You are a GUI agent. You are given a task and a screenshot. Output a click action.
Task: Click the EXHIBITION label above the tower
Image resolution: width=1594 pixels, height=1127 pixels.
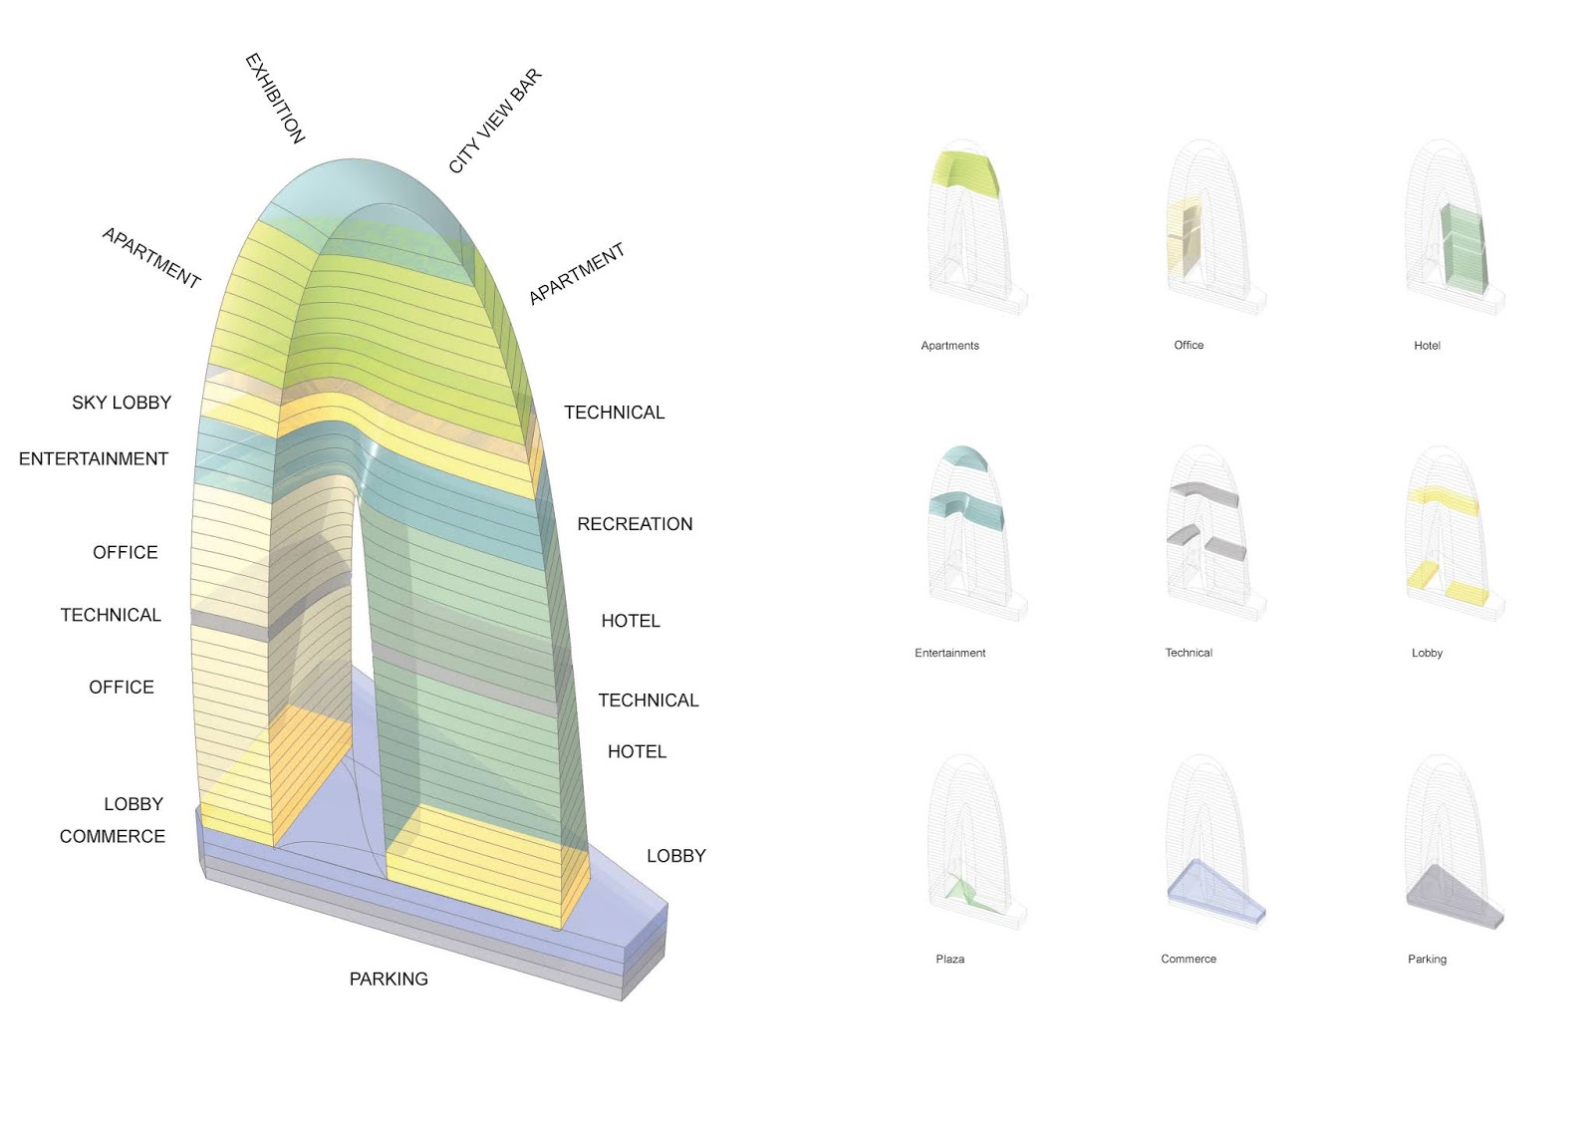(275, 98)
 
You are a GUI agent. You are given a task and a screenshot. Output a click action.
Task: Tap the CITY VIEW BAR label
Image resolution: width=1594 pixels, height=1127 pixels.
(494, 121)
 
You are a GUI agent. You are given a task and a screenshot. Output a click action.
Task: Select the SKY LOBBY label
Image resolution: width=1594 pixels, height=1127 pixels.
(122, 403)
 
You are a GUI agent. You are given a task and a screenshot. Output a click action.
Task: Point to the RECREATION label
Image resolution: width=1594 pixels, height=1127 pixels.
(635, 524)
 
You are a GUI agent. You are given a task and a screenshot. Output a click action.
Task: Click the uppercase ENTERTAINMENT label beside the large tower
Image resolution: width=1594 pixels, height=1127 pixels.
(94, 459)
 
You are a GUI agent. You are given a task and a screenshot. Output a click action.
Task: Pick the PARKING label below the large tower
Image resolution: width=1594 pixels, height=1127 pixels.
(389, 980)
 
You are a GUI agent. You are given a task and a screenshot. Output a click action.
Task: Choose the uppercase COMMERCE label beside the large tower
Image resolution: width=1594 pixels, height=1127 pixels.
(113, 837)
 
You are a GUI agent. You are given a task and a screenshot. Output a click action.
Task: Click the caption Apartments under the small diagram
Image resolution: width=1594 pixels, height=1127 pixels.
(949, 346)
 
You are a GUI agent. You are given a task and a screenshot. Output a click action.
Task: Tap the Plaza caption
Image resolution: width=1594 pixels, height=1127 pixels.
(949, 960)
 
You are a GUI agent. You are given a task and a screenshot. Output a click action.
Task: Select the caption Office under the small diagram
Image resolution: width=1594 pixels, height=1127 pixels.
(1189, 346)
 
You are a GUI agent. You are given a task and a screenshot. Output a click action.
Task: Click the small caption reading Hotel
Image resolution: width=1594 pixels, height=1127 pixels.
(1427, 346)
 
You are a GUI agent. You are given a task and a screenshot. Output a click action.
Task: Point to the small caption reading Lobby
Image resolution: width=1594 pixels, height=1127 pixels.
(1427, 654)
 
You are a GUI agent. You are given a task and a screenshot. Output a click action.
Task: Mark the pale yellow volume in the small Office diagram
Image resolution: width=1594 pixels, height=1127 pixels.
(1183, 239)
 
